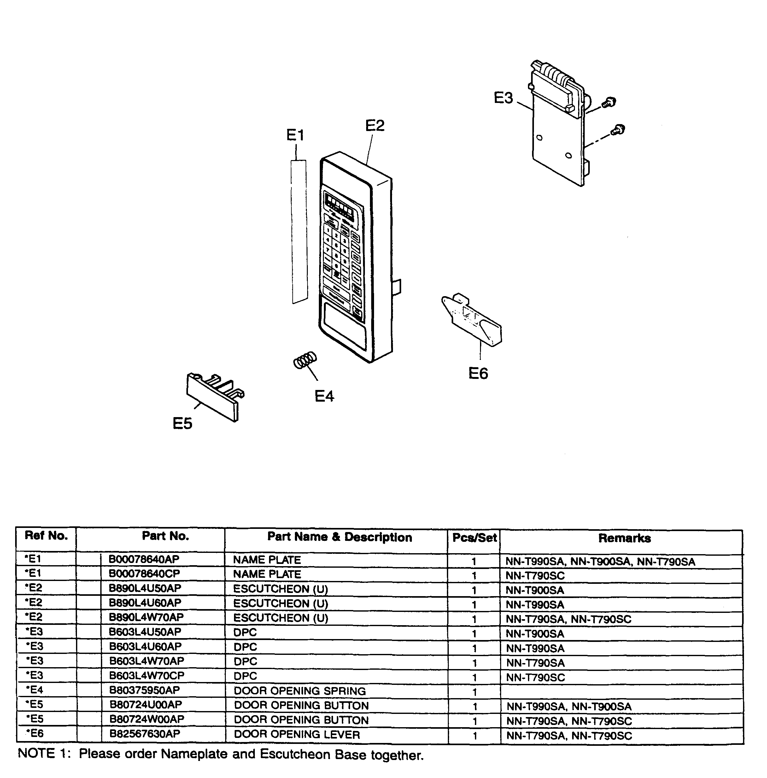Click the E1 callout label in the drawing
[x=295, y=135]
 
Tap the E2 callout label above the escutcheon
[x=374, y=126]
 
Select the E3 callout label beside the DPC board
[x=503, y=98]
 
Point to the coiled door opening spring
[x=305, y=360]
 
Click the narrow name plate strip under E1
[x=299, y=231]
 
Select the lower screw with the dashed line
[x=618, y=130]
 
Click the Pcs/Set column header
[x=474, y=538]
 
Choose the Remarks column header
[x=624, y=538]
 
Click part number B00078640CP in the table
[x=144, y=573]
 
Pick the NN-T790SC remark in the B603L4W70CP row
[x=535, y=677]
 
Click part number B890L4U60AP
[x=145, y=603]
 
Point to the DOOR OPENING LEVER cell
[x=297, y=734]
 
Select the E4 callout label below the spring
[x=324, y=396]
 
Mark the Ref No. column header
[x=46, y=536]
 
